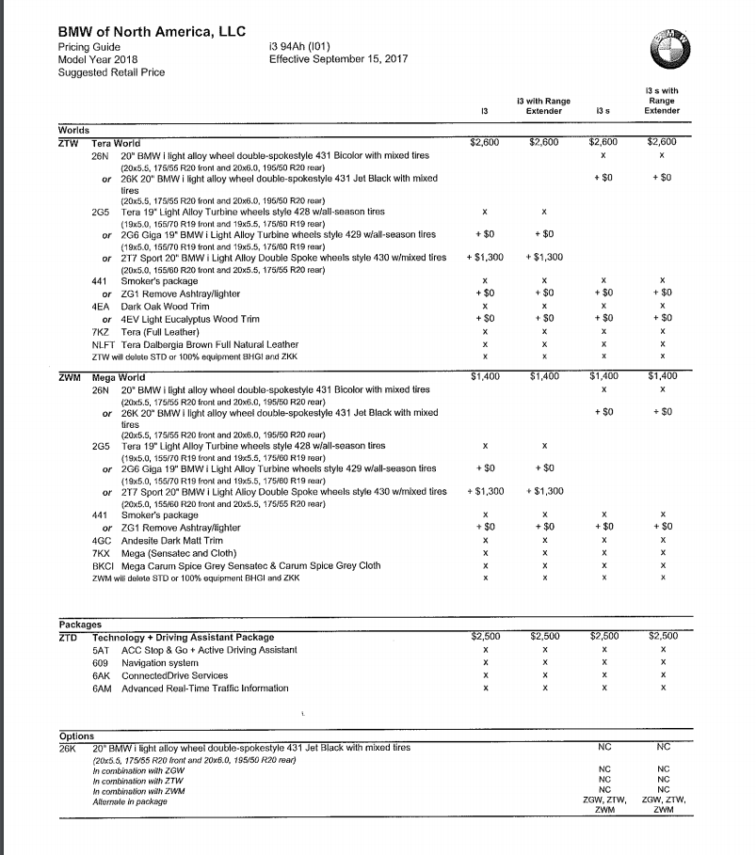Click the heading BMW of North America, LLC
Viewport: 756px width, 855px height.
[x=152, y=31]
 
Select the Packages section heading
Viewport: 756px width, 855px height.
[x=79, y=624]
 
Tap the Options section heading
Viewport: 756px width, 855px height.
[x=76, y=736]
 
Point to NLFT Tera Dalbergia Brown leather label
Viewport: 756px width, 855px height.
[x=201, y=343]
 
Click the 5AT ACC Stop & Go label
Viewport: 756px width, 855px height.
[x=194, y=650]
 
